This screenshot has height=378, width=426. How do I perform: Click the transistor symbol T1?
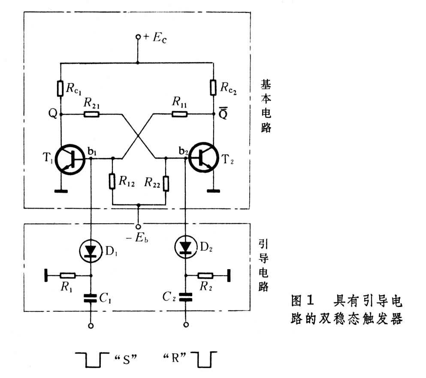tap(70, 160)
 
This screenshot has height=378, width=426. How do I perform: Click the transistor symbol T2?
tap(203, 157)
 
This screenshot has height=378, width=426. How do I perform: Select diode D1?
tap(91, 251)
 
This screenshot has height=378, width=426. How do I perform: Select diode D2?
tap(186, 247)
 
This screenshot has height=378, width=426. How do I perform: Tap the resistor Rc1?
tap(60, 88)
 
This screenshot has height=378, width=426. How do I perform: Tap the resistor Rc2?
tap(213, 87)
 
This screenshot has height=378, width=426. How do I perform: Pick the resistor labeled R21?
tap(91, 114)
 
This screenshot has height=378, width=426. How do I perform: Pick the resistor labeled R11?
tap(180, 114)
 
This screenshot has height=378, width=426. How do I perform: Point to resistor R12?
tap(112, 181)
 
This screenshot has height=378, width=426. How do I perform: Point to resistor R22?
tap(166, 184)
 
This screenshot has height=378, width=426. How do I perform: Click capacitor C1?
tap(91, 298)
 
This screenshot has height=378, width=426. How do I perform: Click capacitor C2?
tap(186, 297)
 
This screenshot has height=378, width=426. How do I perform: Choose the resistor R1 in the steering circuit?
tap(68, 276)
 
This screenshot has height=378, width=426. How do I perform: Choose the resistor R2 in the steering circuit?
tap(205, 276)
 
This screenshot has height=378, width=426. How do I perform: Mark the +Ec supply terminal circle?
tap(138, 37)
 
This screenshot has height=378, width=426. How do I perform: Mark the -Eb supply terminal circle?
tap(138, 227)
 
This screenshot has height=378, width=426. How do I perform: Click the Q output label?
tap(53, 113)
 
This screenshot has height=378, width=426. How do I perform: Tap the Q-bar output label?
tap(223, 113)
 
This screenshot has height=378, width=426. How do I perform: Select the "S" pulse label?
tap(126, 359)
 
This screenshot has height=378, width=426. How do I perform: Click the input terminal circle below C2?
tap(186, 324)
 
